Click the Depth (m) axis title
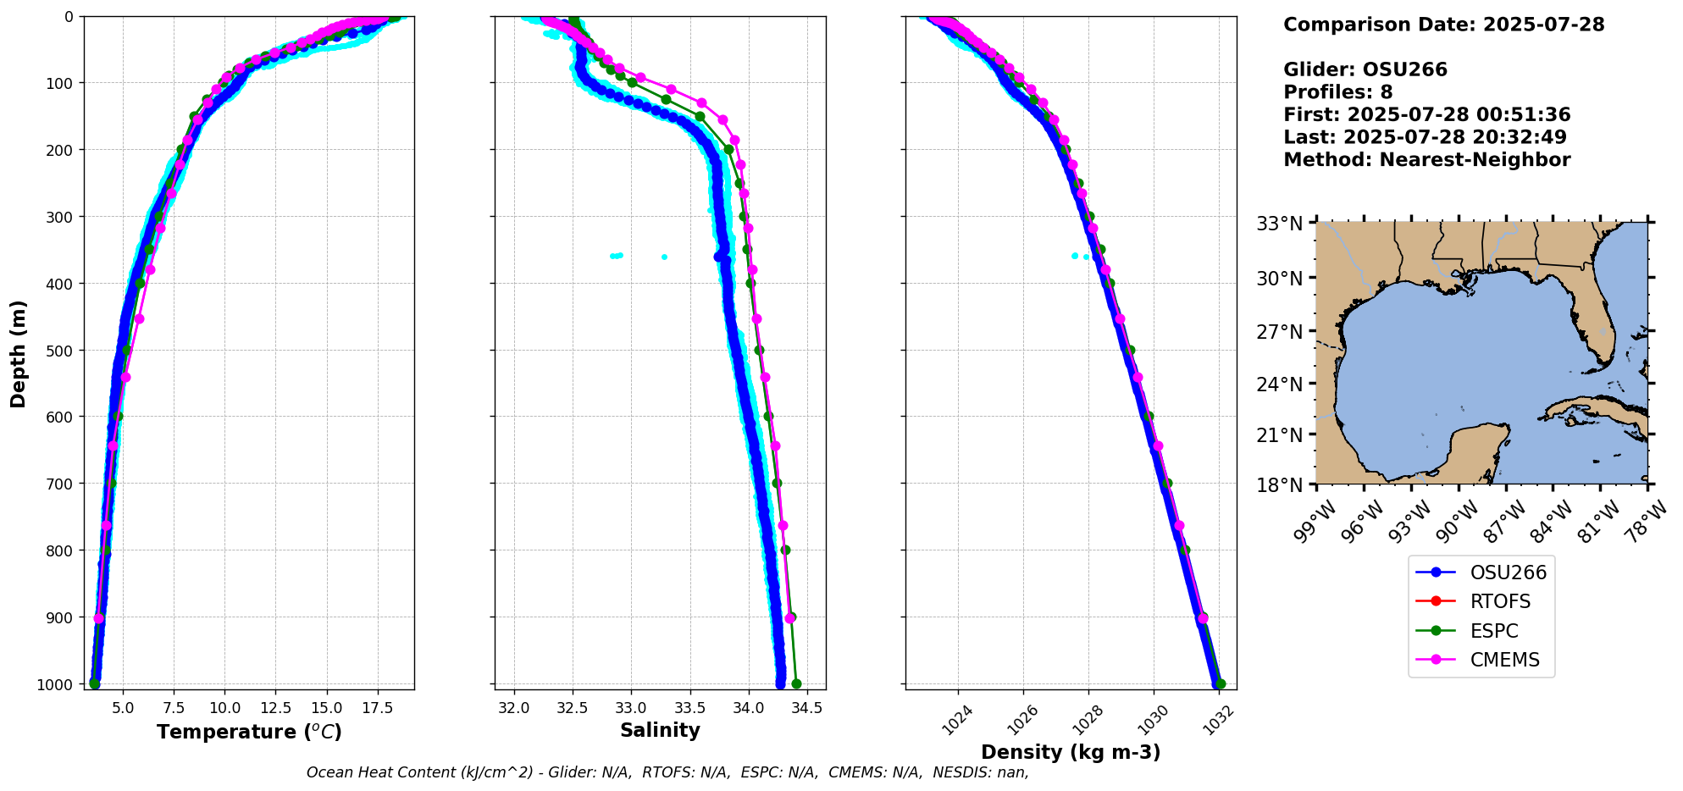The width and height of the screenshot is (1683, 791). point(19,353)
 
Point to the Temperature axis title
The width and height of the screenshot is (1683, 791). point(249,732)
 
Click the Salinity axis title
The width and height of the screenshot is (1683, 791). point(660,730)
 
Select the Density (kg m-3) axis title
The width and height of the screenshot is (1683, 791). point(1071,752)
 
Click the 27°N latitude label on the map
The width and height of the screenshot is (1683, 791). point(1279,331)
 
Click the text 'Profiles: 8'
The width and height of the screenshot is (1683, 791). point(1337,92)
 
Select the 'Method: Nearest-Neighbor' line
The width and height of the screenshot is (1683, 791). point(1426,160)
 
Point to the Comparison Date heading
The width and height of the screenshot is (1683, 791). point(1443,25)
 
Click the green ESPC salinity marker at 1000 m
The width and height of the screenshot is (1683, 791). point(796,684)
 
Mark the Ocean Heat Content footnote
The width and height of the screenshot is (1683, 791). point(667,772)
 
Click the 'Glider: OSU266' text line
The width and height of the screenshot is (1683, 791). point(1365,69)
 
